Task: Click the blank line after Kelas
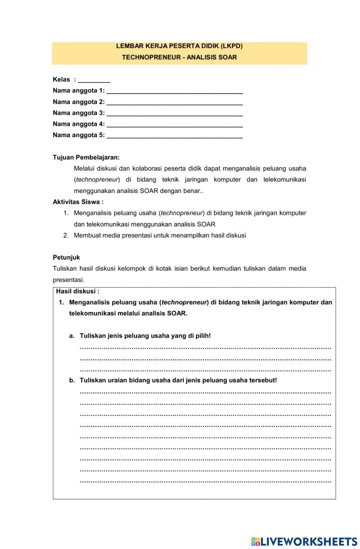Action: (x=94, y=81)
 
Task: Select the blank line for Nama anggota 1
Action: (x=175, y=91)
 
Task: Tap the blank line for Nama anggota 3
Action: (x=175, y=114)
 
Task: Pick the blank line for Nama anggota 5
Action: (x=175, y=136)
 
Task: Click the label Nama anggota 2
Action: (x=78, y=102)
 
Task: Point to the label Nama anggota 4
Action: (x=78, y=124)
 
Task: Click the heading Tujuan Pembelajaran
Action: (x=86, y=157)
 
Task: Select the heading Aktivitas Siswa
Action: (x=78, y=202)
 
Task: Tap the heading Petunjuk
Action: (x=66, y=257)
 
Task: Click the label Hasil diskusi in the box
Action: (x=77, y=291)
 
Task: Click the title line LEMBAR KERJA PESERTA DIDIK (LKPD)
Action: (x=179, y=46)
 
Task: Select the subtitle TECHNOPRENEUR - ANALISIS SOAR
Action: (x=179, y=57)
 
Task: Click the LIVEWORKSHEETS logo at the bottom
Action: (x=304, y=541)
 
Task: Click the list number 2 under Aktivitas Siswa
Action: (x=66, y=235)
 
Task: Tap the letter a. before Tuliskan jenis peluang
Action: (x=72, y=336)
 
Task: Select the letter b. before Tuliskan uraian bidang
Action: (x=72, y=380)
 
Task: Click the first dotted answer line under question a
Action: (x=205, y=348)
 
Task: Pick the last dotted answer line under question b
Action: (x=205, y=481)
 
